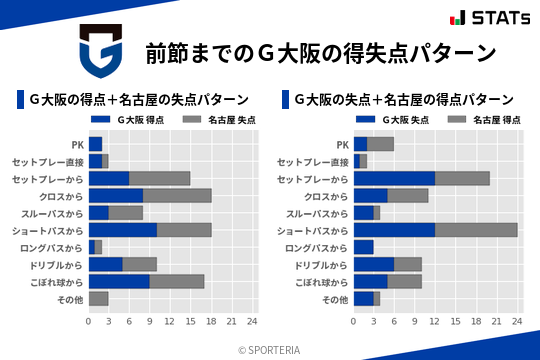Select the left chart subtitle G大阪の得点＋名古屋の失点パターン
pyautogui.click(x=139, y=100)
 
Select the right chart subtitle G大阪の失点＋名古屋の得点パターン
pyautogui.click(x=404, y=100)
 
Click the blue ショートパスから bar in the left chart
pyautogui.click(x=123, y=230)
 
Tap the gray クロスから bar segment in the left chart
pyautogui.click(x=177, y=195)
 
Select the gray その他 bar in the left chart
pyautogui.click(x=98, y=298)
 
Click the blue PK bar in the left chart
pyautogui.click(x=95, y=144)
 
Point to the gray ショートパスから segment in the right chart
pyautogui.click(x=476, y=230)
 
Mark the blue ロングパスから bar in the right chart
pyautogui.click(x=363, y=247)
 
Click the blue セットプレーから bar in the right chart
pyautogui.click(x=394, y=178)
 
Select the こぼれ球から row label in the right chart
pyautogui.click(x=322, y=281)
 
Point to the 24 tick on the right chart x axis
pyautogui.click(x=517, y=321)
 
